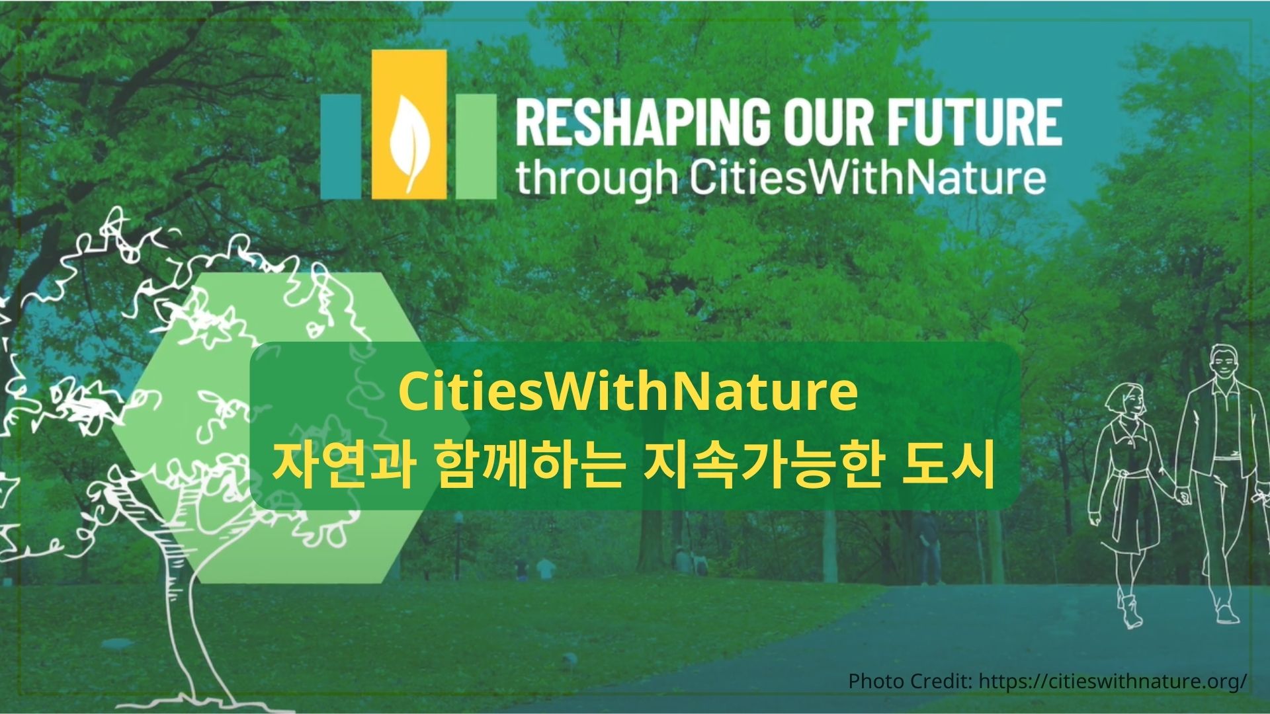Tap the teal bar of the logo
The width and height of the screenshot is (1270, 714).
click(x=341, y=146)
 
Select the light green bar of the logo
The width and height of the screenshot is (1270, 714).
click(x=476, y=146)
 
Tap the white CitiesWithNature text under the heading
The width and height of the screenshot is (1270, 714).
click(x=867, y=178)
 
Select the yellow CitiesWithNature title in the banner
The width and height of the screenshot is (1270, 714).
click(x=628, y=393)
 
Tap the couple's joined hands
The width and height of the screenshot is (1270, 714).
click(x=1181, y=493)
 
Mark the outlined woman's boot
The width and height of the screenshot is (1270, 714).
click(x=1130, y=612)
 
